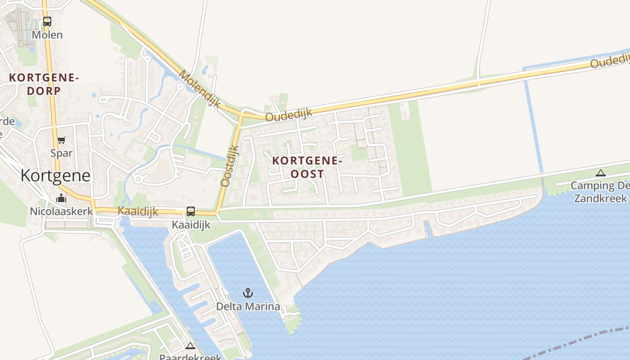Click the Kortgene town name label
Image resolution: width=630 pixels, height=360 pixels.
(x=55, y=175)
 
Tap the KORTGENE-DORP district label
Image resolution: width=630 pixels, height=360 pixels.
(x=44, y=84)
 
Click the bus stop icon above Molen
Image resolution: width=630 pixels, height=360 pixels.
(x=47, y=21)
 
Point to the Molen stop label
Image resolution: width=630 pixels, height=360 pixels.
(x=47, y=35)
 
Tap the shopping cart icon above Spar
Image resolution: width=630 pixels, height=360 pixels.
(x=62, y=140)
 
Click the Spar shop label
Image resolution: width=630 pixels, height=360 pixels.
(x=62, y=153)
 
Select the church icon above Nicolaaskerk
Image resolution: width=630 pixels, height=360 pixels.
(x=61, y=198)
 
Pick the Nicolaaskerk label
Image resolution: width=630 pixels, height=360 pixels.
(x=61, y=211)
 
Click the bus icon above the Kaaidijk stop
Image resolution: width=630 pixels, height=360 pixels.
(x=191, y=211)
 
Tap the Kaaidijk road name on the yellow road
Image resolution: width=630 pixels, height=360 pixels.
(x=138, y=211)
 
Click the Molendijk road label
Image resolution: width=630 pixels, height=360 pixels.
(x=200, y=89)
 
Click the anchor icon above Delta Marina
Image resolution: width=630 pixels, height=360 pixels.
(x=248, y=293)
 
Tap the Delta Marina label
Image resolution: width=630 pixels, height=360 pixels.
(x=248, y=307)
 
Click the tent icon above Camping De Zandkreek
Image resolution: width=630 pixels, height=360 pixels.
(x=600, y=173)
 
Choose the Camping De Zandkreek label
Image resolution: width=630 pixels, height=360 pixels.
(x=600, y=192)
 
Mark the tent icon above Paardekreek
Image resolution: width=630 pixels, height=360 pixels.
(x=190, y=346)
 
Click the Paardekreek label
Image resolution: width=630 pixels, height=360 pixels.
(x=190, y=357)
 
